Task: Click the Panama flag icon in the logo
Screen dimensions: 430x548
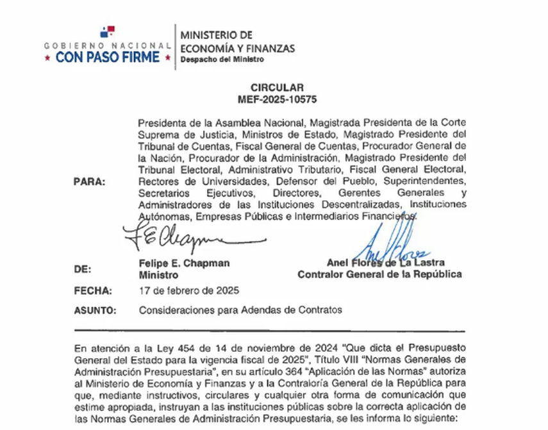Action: tap(107, 32)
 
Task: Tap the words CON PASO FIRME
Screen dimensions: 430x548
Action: tap(108, 57)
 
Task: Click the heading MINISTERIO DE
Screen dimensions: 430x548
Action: tap(217, 35)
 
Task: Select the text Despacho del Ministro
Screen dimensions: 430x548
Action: tap(222, 60)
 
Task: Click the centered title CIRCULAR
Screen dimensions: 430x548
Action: tap(277, 88)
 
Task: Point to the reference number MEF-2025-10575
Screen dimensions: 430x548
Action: tap(277, 99)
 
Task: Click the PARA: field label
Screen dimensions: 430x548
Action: tap(89, 181)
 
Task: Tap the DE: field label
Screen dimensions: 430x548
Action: tap(82, 269)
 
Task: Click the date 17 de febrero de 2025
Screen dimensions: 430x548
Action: tap(189, 290)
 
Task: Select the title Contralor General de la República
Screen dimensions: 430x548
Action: tap(379, 274)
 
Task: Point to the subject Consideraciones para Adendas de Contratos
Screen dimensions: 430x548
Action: tap(240, 310)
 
